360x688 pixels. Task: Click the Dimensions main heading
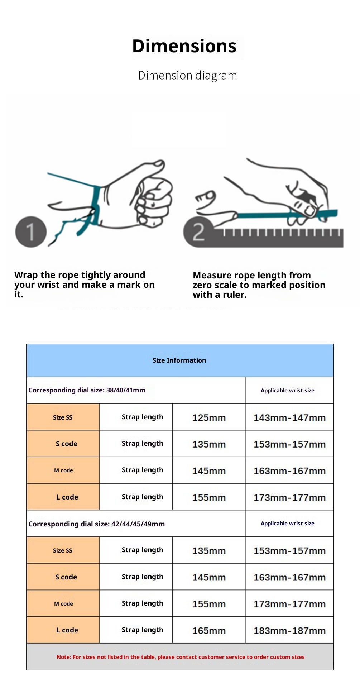(184, 46)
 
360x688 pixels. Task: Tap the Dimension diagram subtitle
(187, 76)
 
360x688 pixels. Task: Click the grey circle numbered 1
(31, 232)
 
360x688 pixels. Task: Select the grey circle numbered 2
(198, 232)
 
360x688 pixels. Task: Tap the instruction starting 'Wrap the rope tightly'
(85, 285)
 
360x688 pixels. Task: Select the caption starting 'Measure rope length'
(259, 285)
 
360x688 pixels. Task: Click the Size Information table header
(179, 360)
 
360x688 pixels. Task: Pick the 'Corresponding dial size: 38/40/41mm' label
(87, 390)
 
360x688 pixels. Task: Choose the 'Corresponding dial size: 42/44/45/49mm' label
(97, 524)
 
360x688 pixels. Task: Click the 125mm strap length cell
(209, 417)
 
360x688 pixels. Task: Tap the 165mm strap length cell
(209, 630)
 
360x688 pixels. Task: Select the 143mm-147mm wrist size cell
(289, 417)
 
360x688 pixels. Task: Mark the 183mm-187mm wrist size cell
(289, 630)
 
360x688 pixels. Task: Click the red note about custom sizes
(181, 657)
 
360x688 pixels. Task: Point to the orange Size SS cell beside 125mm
(63, 417)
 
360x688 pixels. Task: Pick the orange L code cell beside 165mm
(67, 630)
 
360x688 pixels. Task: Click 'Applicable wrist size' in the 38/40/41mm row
(287, 391)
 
